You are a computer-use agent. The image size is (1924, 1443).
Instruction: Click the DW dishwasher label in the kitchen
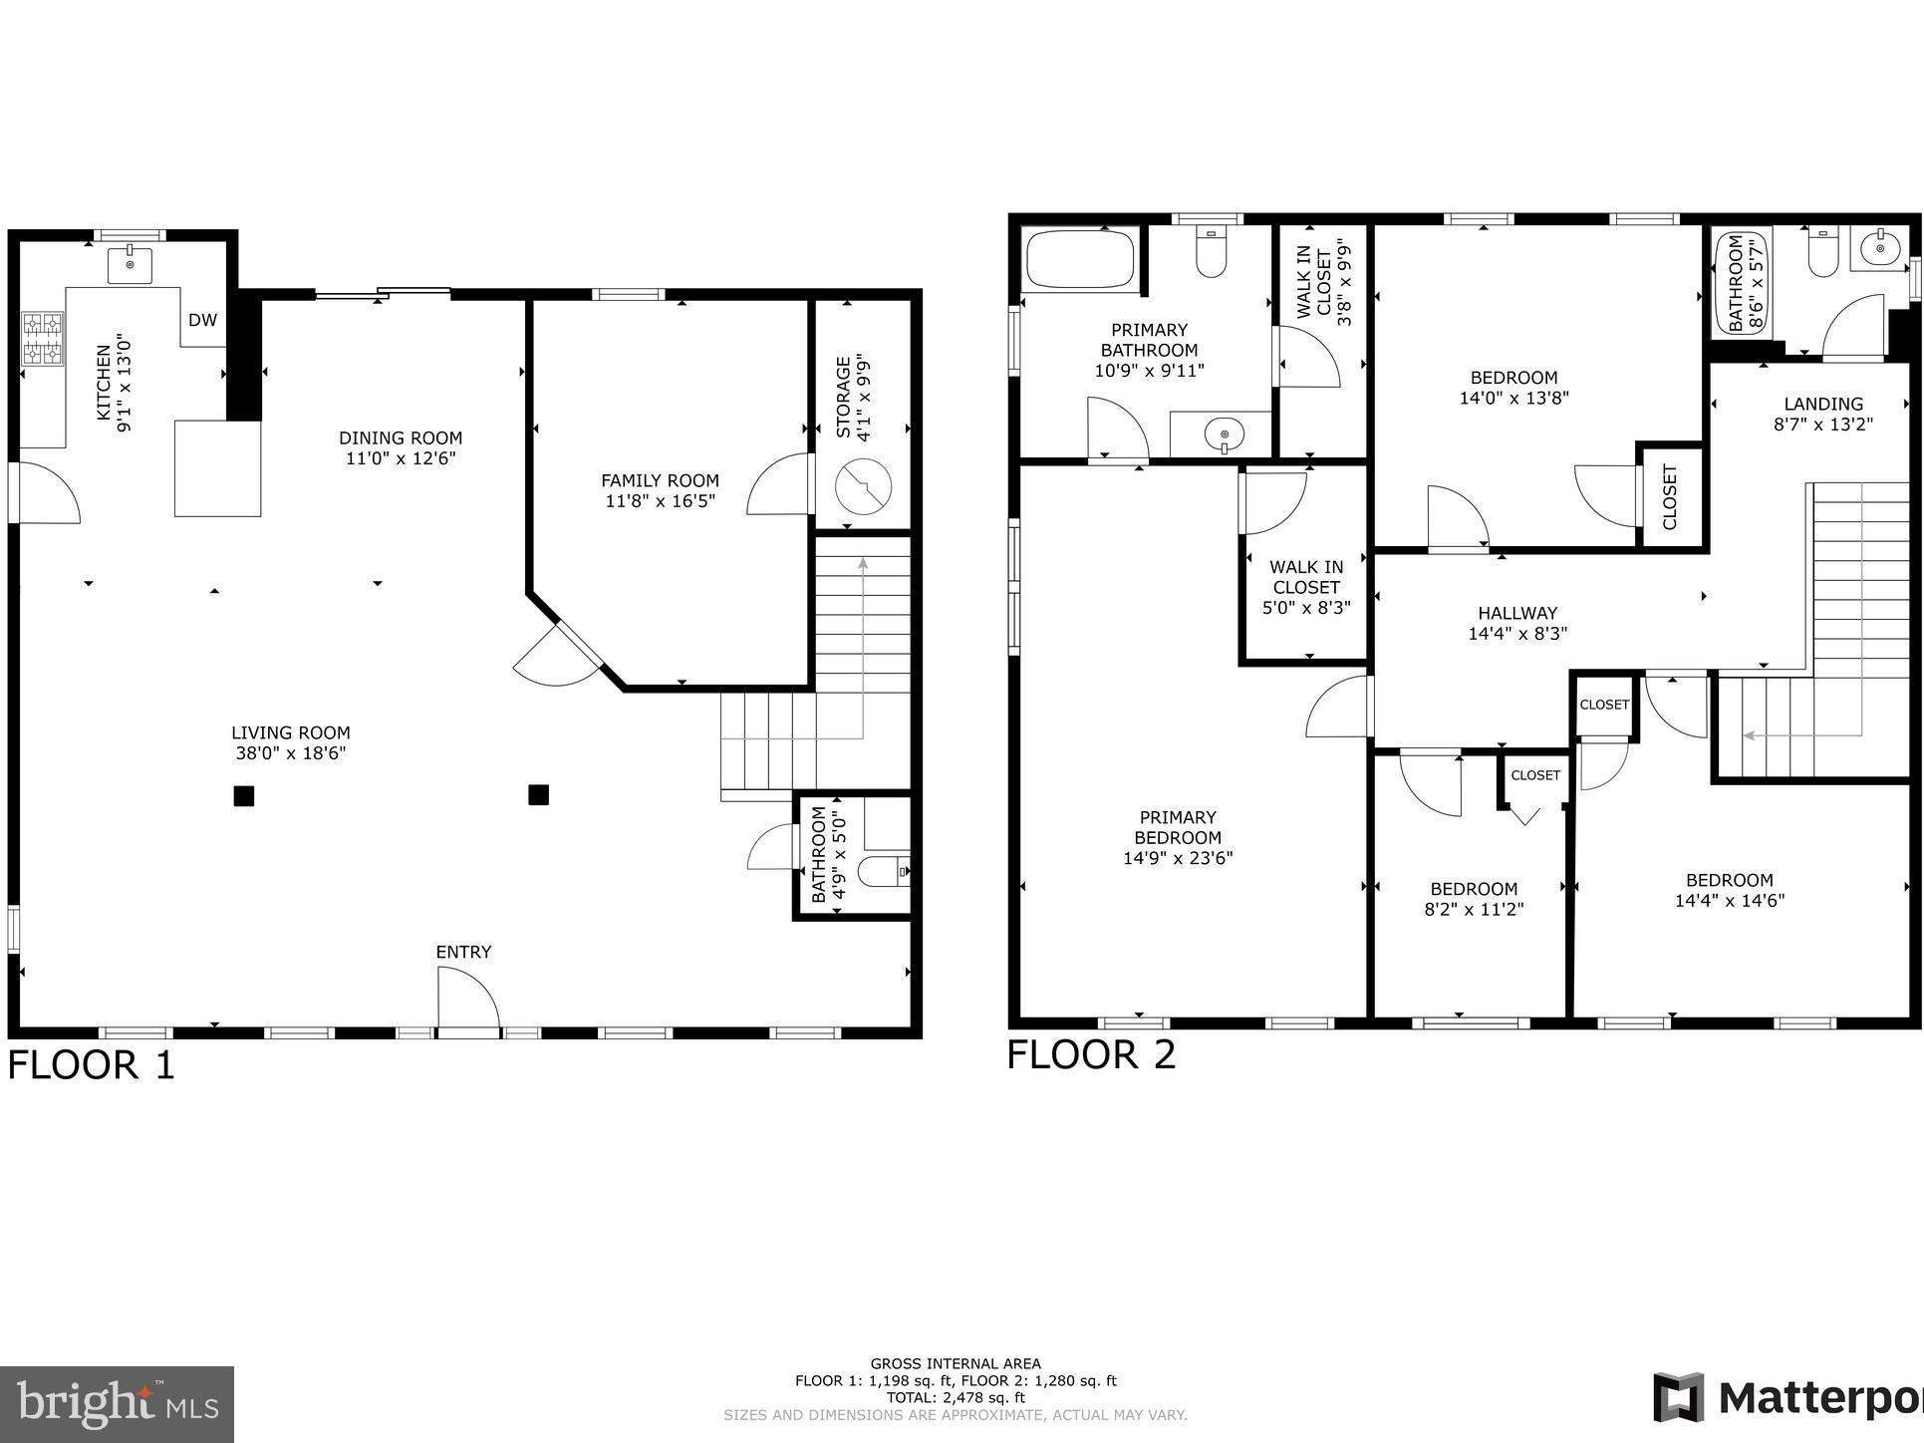(x=202, y=320)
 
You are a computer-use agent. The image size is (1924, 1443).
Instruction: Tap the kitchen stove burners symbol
(x=43, y=339)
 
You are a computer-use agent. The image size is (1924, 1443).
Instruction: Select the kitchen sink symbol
(x=130, y=266)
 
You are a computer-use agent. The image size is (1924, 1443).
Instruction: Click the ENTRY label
(x=463, y=952)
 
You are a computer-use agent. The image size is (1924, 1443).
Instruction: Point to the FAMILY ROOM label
(x=660, y=480)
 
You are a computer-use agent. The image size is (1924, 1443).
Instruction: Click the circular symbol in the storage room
(x=863, y=487)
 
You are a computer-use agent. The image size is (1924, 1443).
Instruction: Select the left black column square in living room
(x=244, y=795)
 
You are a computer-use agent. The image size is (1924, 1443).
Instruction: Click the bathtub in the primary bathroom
(x=1078, y=259)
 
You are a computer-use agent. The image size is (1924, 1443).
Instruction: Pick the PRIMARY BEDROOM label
(x=1178, y=827)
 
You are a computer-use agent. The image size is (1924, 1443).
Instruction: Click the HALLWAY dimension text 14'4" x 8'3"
(x=1517, y=633)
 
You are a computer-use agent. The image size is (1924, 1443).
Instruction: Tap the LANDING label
(x=1823, y=404)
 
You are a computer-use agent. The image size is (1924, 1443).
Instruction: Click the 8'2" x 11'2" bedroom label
(x=1474, y=899)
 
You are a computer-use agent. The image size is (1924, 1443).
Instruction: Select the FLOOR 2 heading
(x=1091, y=1054)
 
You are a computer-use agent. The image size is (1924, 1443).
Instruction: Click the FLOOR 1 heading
(x=92, y=1064)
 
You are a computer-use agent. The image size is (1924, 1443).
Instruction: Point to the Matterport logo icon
(x=1678, y=1397)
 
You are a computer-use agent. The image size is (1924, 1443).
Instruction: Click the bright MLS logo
(x=118, y=1404)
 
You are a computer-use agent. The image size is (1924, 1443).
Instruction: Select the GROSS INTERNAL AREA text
(x=955, y=1363)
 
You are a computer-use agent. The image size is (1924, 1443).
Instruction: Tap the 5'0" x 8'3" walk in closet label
(x=1306, y=587)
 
